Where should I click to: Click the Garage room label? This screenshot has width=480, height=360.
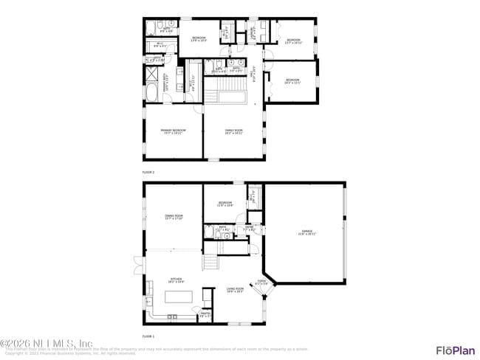point(306,232)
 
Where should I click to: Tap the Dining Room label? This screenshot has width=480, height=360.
point(174,216)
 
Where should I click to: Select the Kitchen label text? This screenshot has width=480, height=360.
point(175,281)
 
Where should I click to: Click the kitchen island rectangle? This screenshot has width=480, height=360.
point(176,297)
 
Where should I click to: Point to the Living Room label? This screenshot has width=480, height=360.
point(235,290)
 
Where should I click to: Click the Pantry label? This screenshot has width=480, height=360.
point(205,315)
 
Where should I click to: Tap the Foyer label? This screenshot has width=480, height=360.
point(261,281)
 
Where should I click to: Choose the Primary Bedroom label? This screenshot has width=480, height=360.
point(174,131)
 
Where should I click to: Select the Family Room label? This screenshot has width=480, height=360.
point(234,131)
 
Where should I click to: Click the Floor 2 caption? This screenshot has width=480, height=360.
point(148,172)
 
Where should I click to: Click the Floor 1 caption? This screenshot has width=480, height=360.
point(148,336)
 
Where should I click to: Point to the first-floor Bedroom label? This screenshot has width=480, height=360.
point(224,204)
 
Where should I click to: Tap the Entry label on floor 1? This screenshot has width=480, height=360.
point(249,229)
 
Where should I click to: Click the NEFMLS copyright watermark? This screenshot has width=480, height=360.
point(46,343)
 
